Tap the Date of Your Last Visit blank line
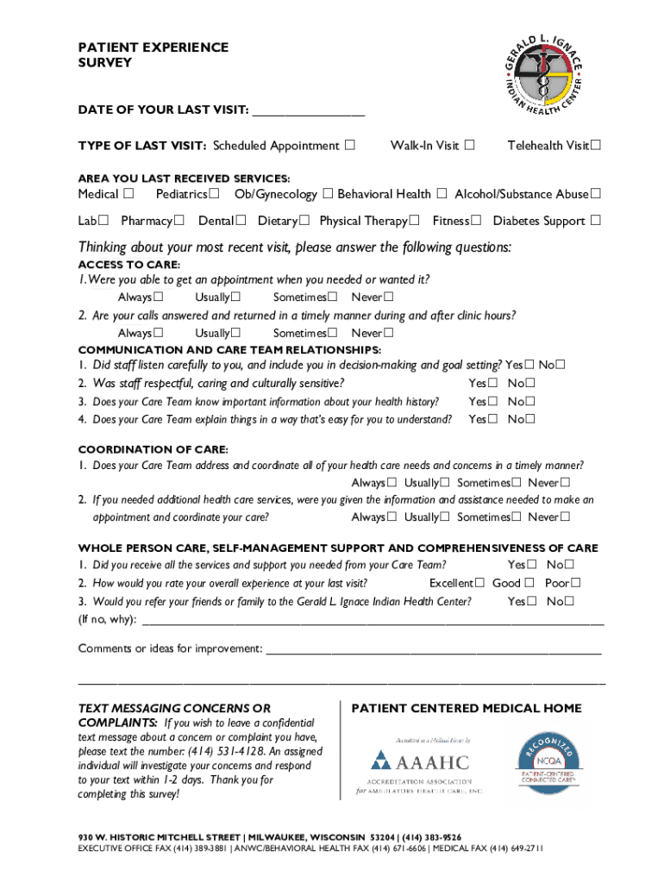click(308, 111)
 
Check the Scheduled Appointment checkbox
click(349, 145)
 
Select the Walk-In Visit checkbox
click(469, 145)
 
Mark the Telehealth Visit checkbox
click(595, 145)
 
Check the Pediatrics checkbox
click(214, 194)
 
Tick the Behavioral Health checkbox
click(441, 194)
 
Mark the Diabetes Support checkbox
click(595, 221)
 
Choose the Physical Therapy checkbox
click(416, 221)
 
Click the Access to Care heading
click(129, 265)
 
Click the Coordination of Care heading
click(153, 450)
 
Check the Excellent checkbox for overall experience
click(479, 583)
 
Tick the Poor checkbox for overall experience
click(575, 583)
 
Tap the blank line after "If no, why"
click(371, 619)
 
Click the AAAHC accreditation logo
click(420, 763)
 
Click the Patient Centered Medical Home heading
click(467, 709)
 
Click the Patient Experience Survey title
click(153, 55)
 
